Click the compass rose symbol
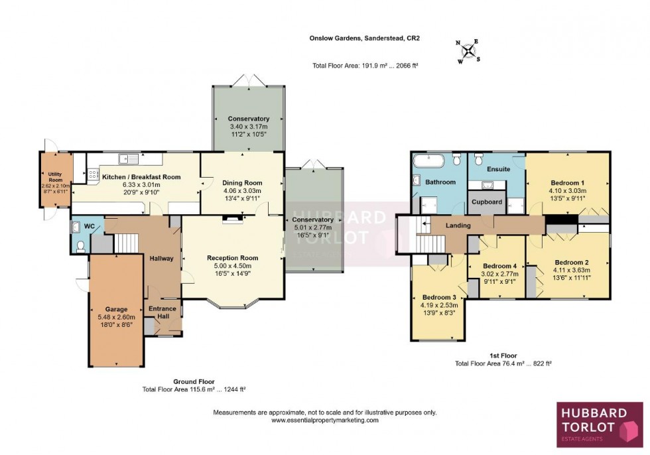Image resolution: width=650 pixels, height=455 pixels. pos(470,50)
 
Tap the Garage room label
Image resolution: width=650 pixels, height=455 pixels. pos(116,309)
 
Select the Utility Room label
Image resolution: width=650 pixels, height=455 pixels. pos(55,177)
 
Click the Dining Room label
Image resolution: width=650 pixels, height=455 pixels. pos(243,183)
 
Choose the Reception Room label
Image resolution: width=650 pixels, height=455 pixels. pos(232,258)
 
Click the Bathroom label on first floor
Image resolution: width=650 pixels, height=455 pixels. pos(440,182)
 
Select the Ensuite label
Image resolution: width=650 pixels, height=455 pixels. pos(499,169)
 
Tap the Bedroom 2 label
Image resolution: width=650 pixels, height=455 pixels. pos(571,262)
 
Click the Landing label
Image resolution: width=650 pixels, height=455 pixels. pos(458,226)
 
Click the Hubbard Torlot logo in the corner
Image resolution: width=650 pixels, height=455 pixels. pos(599,424)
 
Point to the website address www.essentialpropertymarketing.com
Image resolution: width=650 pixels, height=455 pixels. pos(325,421)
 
